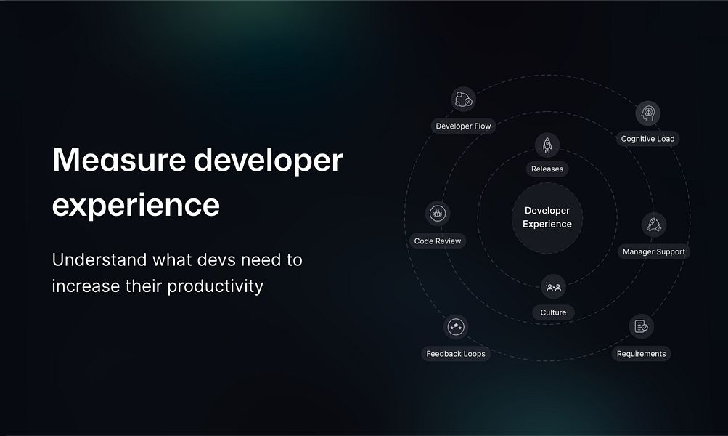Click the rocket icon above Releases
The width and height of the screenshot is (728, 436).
pos(547,145)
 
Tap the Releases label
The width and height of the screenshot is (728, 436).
pos(547,169)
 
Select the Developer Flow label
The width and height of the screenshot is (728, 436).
pos(463,126)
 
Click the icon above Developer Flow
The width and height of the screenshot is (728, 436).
pos(463,100)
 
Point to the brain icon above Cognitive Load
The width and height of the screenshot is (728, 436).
pos(647,113)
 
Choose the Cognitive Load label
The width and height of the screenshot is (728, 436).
pos(647,139)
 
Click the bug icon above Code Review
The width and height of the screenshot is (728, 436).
pos(438,214)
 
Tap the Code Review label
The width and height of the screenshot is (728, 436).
pos(438,241)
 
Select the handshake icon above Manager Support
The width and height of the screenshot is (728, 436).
pos(654,225)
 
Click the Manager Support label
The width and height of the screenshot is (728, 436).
pos(654,251)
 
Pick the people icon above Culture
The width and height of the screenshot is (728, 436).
pos(553,287)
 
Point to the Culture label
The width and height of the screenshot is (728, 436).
pos(553,312)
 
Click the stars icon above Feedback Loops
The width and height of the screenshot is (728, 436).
pos(456,327)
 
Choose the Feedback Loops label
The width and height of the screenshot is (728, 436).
pos(456,354)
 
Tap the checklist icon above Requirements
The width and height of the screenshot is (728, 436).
pos(641,326)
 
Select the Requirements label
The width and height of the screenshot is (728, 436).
pos(641,354)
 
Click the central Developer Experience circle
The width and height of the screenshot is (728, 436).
pos(547,217)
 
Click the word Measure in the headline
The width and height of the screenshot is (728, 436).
pos(119,160)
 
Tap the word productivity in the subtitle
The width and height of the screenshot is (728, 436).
pos(215,286)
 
